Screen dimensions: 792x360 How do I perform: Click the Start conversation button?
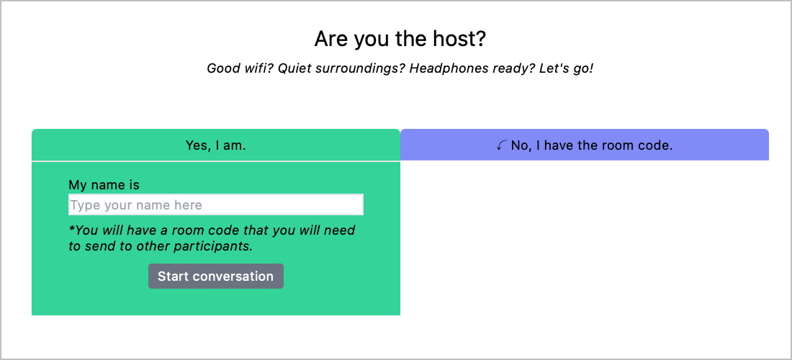[x=216, y=276]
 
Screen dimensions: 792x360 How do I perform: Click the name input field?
[x=216, y=204]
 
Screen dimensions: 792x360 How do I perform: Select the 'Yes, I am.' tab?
[x=216, y=145]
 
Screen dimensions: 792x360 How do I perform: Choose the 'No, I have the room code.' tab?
[x=585, y=145]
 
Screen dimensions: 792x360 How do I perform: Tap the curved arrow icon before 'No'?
[x=502, y=146]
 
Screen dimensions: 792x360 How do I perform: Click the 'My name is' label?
[x=104, y=185]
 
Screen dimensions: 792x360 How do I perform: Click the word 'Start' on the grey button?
[x=174, y=276]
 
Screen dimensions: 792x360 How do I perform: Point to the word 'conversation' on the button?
[x=233, y=276]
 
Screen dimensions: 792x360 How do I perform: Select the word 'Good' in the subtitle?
[x=222, y=68]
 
